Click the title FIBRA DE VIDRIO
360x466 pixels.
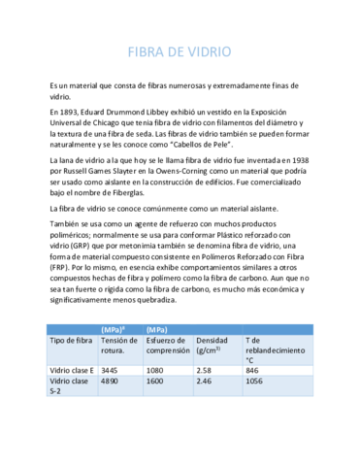[180, 51]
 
